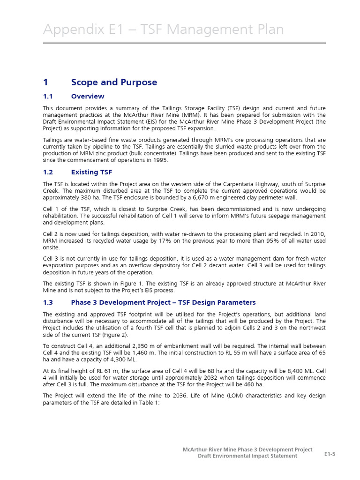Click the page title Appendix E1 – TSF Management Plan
pyautogui.click(x=163, y=30)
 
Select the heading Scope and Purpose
pyautogui.click(x=114, y=82)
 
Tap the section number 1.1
pyautogui.click(x=49, y=97)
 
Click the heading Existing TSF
pyautogui.click(x=91, y=172)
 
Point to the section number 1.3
pyautogui.click(x=49, y=302)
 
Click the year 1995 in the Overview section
pyautogui.click(x=158, y=160)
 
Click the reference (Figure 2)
pyautogui.click(x=121, y=335)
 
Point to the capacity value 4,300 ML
pyautogui.click(x=127, y=359)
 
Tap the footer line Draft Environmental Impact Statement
pyautogui.click(x=247, y=456)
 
